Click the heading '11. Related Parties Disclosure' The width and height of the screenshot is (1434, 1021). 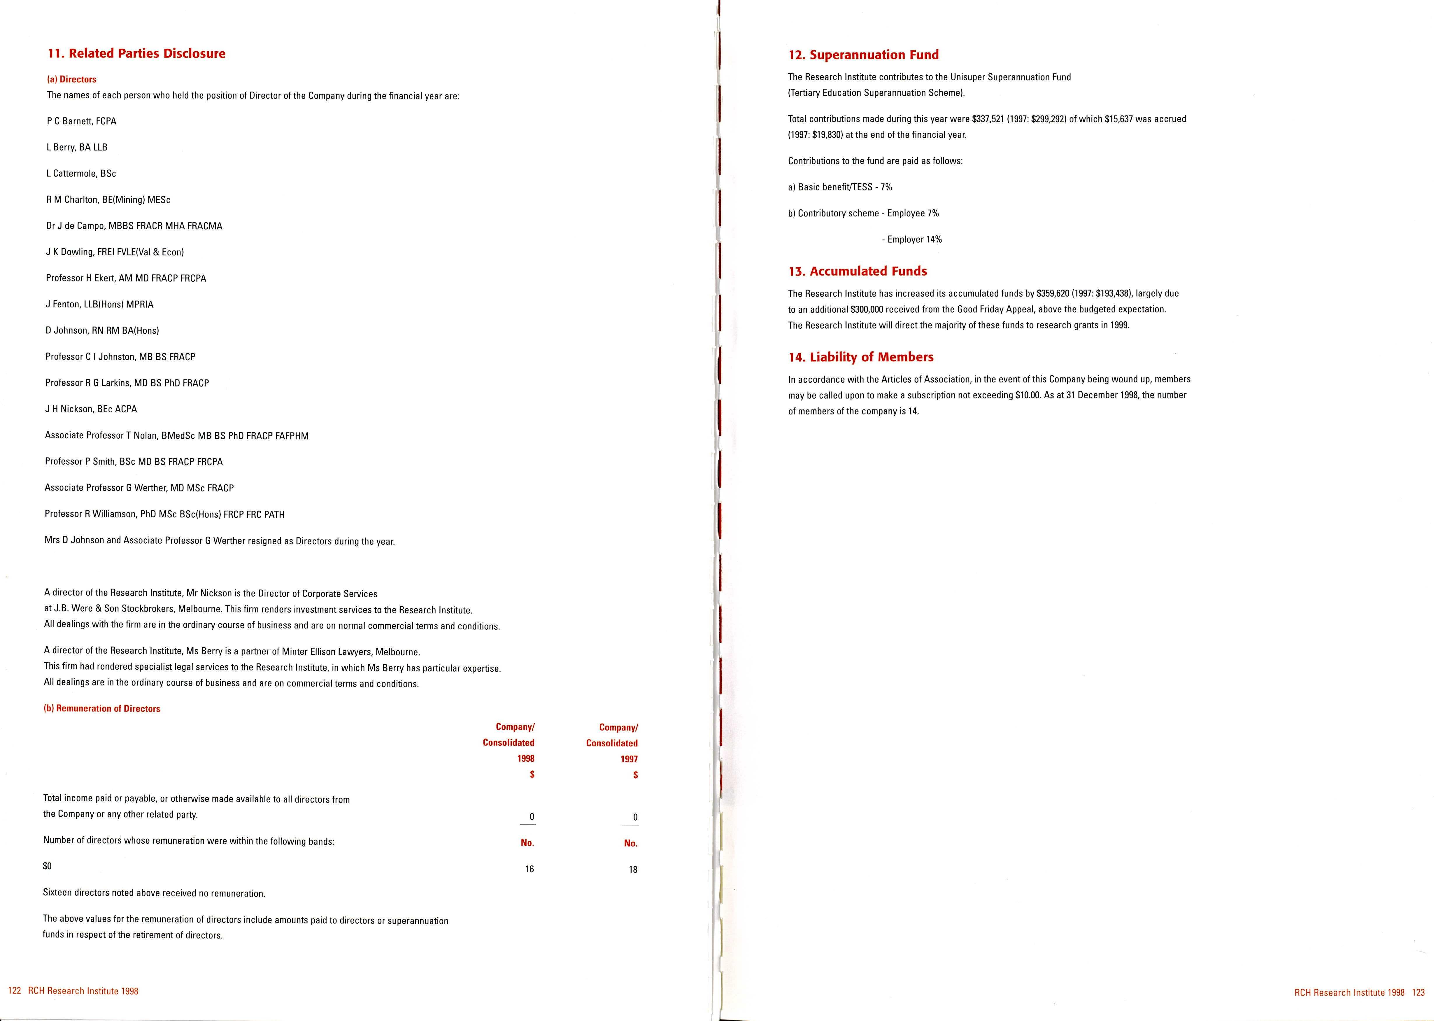click(136, 53)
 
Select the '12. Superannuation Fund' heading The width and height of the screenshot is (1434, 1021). click(863, 55)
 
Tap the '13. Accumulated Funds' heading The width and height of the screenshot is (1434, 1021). click(858, 271)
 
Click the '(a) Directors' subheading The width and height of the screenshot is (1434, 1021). click(72, 79)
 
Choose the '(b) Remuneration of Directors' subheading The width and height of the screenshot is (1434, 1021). click(102, 709)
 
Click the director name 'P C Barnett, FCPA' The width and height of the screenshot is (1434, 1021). click(82, 121)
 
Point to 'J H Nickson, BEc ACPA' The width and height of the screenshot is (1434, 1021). click(91, 409)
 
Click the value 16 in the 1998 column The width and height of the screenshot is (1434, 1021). click(530, 869)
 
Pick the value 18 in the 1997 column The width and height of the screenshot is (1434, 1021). click(633, 869)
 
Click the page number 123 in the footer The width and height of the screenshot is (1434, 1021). click(1418, 993)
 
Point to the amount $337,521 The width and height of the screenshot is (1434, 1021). click(988, 119)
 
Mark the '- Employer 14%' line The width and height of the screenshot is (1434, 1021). click(912, 239)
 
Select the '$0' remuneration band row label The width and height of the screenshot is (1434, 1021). click(47, 866)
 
